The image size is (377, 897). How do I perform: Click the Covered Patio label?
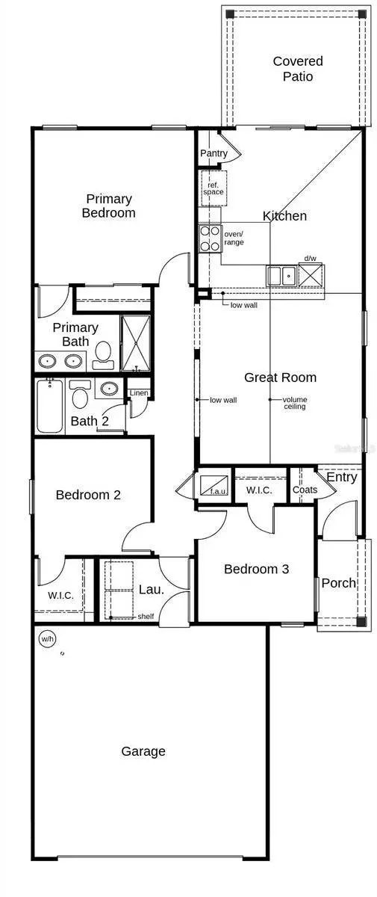coord(297,69)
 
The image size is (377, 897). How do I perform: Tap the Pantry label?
coord(214,154)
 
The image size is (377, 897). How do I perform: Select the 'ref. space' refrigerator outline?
coord(213,188)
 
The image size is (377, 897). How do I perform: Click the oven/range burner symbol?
coord(209,238)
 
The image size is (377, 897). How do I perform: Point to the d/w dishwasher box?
coord(309,275)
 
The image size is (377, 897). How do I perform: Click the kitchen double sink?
coord(281,276)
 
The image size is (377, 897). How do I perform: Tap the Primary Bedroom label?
coord(109,206)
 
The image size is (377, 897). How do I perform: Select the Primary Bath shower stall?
coord(136,343)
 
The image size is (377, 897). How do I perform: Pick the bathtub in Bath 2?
coord(51,406)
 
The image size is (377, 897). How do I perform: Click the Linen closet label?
coord(139,393)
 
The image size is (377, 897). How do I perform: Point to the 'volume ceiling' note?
coord(294,403)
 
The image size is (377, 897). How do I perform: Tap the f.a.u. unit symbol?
coord(214,483)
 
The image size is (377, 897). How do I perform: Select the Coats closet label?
coord(305,490)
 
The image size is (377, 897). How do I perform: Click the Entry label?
coord(341,477)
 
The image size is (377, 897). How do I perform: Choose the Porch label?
coord(338,583)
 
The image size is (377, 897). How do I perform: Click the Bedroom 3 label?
coord(256,569)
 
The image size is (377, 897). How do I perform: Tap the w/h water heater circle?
coord(47,639)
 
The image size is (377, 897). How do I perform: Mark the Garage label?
coord(143,751)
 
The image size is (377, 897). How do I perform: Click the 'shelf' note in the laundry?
coord(146,616)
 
